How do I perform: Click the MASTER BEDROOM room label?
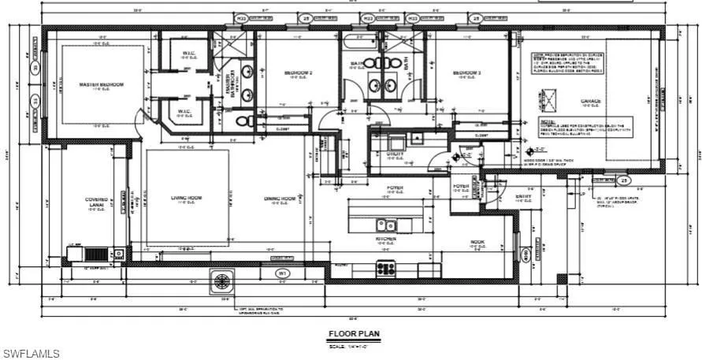click(101, 84)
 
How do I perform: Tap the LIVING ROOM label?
click(187, 198)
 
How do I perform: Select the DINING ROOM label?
click(280, 198)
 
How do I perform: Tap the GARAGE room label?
click(591, 102)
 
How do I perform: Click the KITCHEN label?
click(385, 238)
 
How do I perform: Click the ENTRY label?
click(523, 197)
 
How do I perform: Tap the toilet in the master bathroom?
click(244, 121)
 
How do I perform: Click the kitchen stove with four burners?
click(386, 269)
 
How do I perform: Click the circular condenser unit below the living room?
click(223, 281)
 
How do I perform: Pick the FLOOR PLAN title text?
click(354, 334)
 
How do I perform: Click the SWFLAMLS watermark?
click(31, 354)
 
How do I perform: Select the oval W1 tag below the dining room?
click(280, 273)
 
